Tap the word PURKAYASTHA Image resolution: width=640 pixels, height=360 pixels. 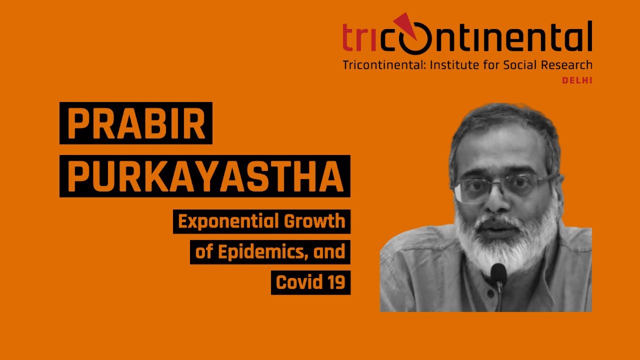(x=205, y=176)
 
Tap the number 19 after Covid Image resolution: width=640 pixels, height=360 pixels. (x=336, y=282)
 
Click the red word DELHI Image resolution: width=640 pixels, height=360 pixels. (x=577, y=80)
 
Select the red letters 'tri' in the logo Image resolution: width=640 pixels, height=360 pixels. (x=359, y=39)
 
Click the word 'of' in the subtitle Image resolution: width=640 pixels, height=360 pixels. (x=204, y=252)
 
